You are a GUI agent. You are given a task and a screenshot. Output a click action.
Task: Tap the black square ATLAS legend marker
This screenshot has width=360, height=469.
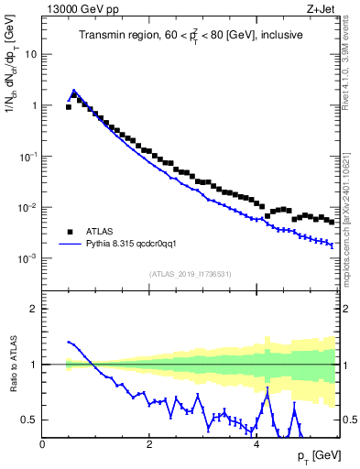tap(69, 231)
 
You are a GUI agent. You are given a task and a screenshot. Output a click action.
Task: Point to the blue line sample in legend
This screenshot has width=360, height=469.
tap(69, 245)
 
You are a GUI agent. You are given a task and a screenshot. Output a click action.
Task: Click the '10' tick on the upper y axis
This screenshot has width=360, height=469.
tap(31, 54)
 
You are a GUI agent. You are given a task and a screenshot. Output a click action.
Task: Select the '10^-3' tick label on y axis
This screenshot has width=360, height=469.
tap(28, 259)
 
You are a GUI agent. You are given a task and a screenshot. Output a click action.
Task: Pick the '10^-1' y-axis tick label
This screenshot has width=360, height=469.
tap(28, 157)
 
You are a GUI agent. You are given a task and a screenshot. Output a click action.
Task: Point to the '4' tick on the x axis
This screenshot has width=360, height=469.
tap(256, 445)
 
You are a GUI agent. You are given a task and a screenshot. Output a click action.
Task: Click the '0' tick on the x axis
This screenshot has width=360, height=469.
tap(43, 445)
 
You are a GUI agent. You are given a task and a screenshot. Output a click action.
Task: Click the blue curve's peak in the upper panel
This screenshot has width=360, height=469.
tap(74, 91)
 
